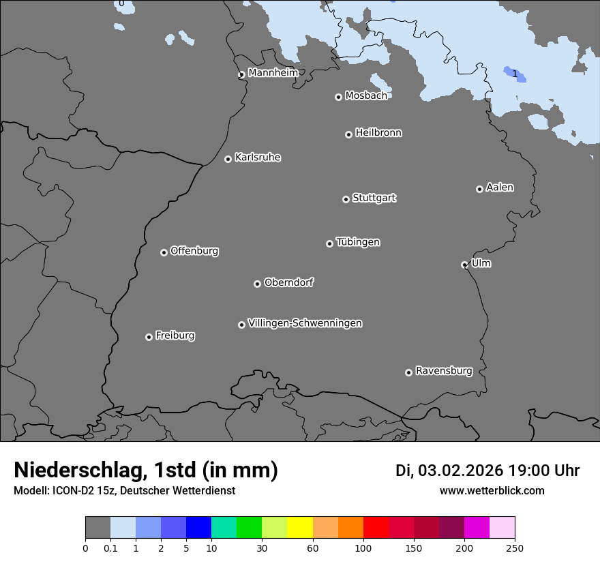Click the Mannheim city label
[273, 72]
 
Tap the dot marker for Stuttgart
[346, 199]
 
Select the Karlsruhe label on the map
[258, 158]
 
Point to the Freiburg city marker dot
[149, 337]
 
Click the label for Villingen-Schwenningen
[305, 323]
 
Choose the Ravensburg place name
[444, 371]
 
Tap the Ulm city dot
[464, 265]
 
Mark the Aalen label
[500, 188]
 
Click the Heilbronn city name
[378, 133]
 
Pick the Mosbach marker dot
[338, 97]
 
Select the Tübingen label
[358, 242]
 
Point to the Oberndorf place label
[288, 282]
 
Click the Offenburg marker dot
[164, 252]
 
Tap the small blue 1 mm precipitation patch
[520, 76]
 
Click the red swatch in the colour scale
[376, 528]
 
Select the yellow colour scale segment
[300, 528]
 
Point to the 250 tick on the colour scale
[515, 548]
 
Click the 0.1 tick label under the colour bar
[110, 548]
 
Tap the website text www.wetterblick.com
[492, 491]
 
